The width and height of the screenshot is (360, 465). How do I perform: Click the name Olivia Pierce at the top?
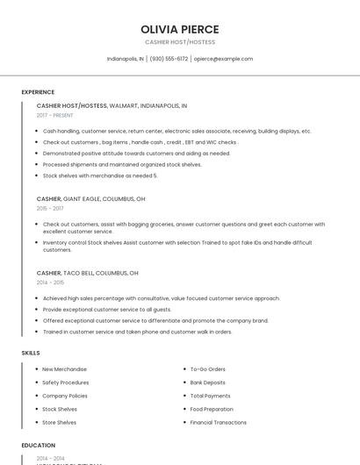pyautogui.click(x=179, y=29)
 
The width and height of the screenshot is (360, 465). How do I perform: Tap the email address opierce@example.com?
pyautogui.click(x=223, y=59)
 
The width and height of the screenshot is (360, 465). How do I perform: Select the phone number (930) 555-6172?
pyautogui.click(x=169, y=59)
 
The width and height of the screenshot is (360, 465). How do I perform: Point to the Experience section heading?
pyautogui.click(x=38, y=92)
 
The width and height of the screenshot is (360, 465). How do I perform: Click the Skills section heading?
pyautogui.click(x=31, y=353)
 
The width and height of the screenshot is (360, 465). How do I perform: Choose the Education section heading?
pyautogui.click(x=39, y=445)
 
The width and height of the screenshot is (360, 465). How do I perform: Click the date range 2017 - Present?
pyautogui.click(x=55, y=115)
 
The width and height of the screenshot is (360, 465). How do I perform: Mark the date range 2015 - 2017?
pyautogui.click(x=50, y=208)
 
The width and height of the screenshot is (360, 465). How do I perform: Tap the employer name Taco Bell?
pyautogui.click(x=78, y=273)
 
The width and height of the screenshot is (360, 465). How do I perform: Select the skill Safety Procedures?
pyautogui.click(x=65, y=383)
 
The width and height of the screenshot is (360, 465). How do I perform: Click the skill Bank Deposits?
pyautogui.click(x=207, y=383)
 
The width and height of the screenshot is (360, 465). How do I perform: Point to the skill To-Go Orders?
pyautogui.click(x=207, y=369)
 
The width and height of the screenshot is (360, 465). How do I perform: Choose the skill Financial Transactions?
pyautogui.click(x=218, y=422)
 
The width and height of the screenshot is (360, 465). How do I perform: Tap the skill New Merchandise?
pyautogui.click(x=64, y=369)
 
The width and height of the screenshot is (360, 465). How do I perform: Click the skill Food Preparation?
pyautogui.click(x=212, y=409)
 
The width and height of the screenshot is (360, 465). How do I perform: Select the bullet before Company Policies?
pyautogui.click(x=36, y=396)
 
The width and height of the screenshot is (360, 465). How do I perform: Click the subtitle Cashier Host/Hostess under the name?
pyautogui.click(x=179, y=42)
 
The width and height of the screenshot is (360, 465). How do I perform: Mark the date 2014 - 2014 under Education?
pyautogui.click(x=50, y=458)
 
